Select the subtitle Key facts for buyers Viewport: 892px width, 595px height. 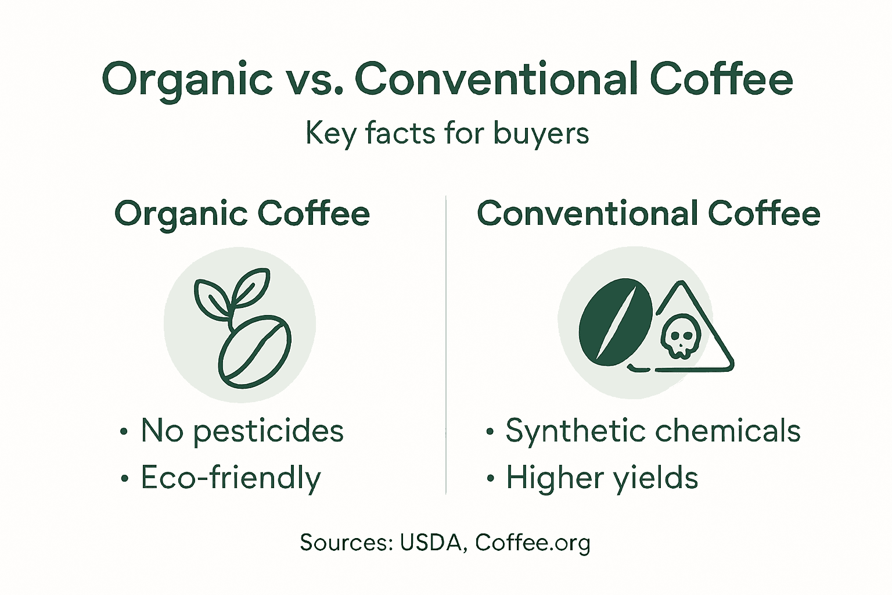(447, 134)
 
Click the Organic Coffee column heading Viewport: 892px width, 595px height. (242, 214)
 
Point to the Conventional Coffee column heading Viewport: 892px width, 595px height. (648, 214)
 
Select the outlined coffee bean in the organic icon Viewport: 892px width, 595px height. (256, 352)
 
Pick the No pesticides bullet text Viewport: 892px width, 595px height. (242, 431)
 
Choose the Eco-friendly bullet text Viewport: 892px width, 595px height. (231, 478)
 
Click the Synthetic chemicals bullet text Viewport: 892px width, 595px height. (653, 431)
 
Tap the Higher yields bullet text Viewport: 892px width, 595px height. (602, 478)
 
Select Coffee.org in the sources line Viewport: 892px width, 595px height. (533, 543)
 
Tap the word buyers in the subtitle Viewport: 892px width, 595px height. (541, 134)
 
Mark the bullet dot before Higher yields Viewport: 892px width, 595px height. (491, 479)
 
